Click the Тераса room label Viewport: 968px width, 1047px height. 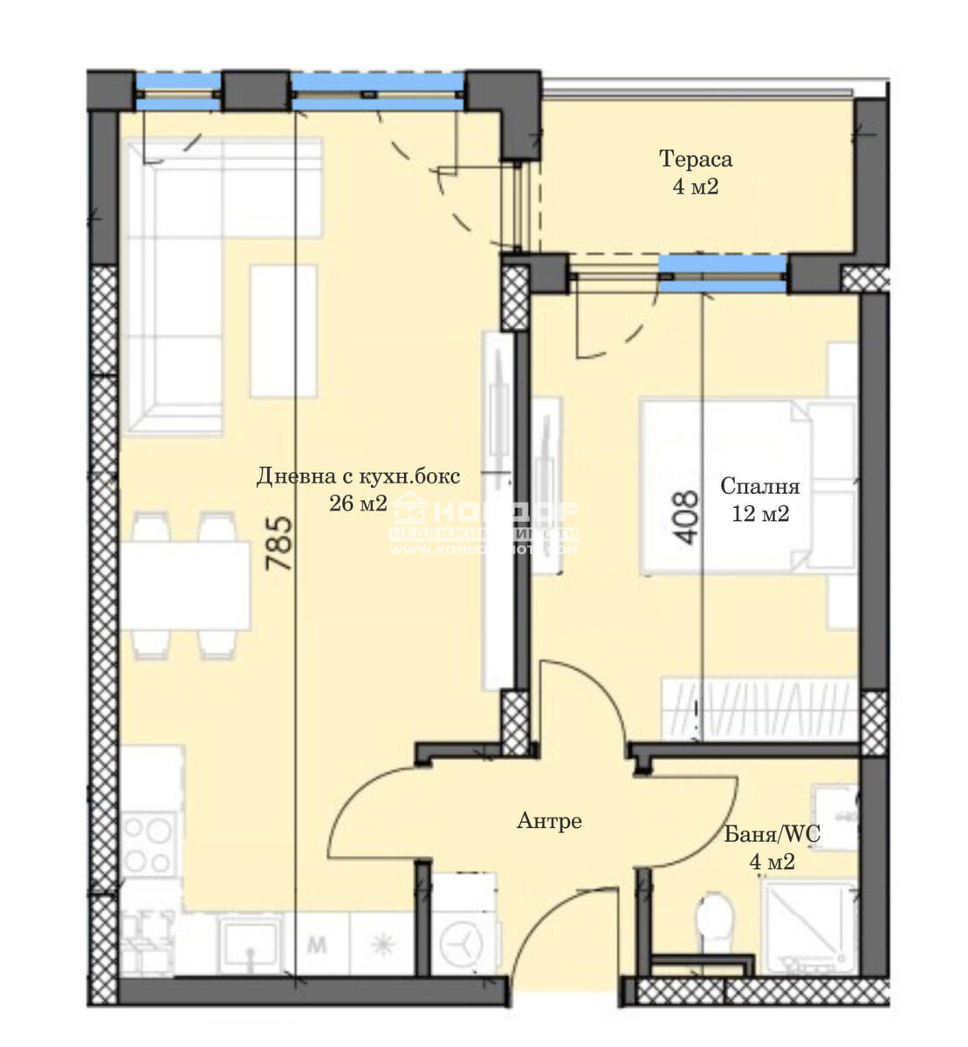point(695,160)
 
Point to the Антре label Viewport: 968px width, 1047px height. point(549,821)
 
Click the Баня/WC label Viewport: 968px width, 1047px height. point(772,835)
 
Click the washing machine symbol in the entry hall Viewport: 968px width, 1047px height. point(460,943)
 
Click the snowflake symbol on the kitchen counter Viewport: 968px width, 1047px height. point(381,945)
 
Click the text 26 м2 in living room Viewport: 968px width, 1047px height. point(358,503)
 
